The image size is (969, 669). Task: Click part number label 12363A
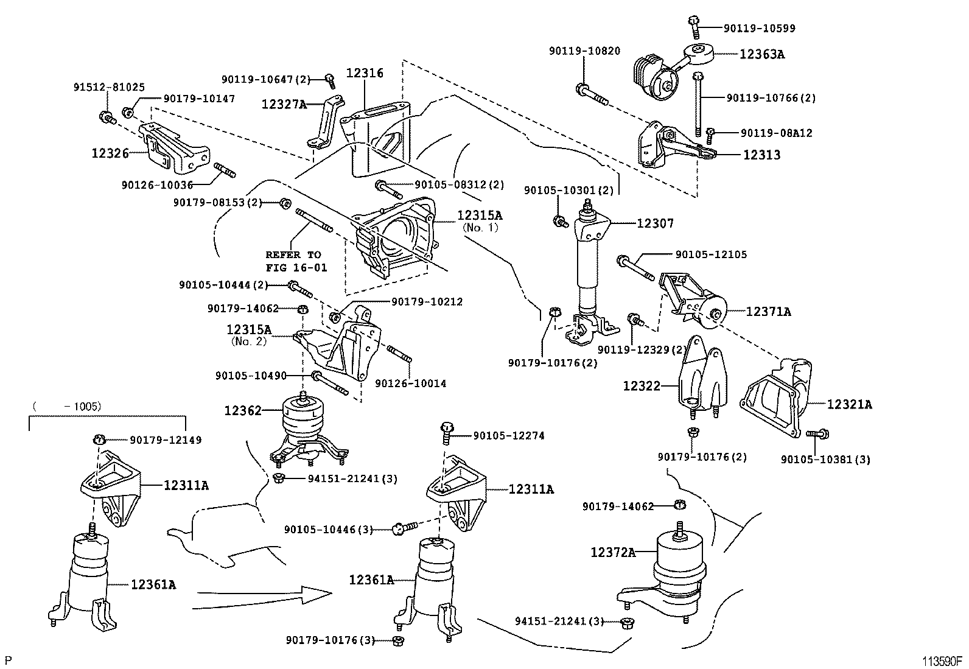tap(762, 54)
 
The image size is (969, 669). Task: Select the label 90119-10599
tap(759, 28)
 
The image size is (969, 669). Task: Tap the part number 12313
tap(761, 155)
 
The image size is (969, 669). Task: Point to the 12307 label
tap(655, 223)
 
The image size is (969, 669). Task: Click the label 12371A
tap(768, 312)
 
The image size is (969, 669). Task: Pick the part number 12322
tap(641, 385)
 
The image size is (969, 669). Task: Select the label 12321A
tap(849, 404)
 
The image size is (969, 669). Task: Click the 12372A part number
tap(612, 552)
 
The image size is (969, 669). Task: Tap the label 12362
tap(242, 410)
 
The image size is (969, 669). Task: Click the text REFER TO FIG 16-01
tap(296, 261)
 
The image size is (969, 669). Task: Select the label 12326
tap(110, 153)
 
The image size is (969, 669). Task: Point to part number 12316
tap(365, 73)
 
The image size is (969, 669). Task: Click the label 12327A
tap(284, 104)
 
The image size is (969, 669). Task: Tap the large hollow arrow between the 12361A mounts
tap(262, 596)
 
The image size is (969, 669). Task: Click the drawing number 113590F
tap(940, 661)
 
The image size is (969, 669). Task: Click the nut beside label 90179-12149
tap(100, 440)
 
